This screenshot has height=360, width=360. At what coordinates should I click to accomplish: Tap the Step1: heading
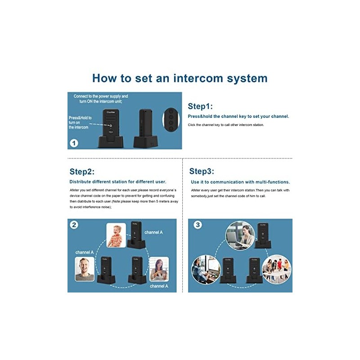pyautogui.click(x=200, y=106)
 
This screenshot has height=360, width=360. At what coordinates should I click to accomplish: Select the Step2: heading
pyautogui.click(x=82, y=171)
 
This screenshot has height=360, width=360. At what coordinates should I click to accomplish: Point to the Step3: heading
pyautogui.click(x=202, y=171)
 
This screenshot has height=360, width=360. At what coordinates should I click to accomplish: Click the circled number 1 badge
pyautogui.click(x=74, y=143)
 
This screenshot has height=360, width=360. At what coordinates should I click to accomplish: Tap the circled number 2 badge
pyautogui.click(x=74, y=225)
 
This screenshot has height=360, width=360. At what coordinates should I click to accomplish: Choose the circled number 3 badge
pyautogui.click(x=197, y=225)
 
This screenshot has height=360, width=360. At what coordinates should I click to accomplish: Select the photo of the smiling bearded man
pyautogui.click(x=85, y=269)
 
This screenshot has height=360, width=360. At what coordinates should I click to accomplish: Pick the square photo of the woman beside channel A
pyautogui.click(x=159, y=269)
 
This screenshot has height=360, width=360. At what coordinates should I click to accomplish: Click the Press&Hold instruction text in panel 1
pyautogui.click(x=80, y=122)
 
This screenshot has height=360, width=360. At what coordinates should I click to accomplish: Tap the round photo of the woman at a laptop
pyautogui.click(x=240, y=235)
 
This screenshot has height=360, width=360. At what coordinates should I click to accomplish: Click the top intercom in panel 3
pyautogui.click(x=263, y=235)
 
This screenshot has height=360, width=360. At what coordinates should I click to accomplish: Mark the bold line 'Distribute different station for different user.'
pyautogui.click(x=118, y=182)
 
